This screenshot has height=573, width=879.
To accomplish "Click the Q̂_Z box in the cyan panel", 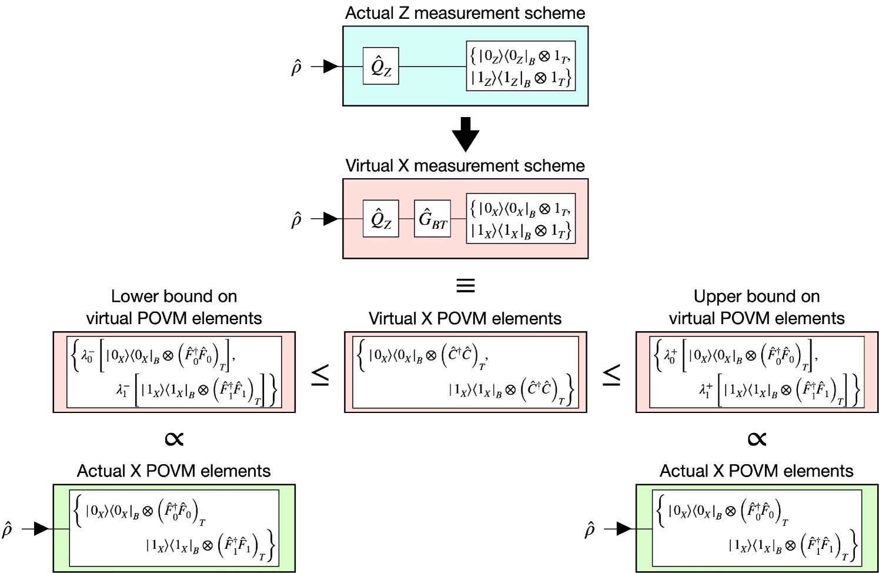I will [x=381, y=66].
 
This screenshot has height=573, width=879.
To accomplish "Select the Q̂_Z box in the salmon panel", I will [x=381, y=219].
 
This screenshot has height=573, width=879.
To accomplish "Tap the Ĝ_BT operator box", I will [x=432, y=219].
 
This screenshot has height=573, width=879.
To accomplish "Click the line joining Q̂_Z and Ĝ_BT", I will [x=406, y=219].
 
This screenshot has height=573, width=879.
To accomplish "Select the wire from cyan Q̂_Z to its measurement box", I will [x=432, y=66].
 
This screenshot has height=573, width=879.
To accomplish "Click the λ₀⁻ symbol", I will [x=87, y=355].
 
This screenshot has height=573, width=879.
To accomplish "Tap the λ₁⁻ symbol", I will [x=122, y=390].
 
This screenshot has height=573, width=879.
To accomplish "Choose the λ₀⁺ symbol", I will [x=670, y=355].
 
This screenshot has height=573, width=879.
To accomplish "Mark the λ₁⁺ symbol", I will [x=706, y=390].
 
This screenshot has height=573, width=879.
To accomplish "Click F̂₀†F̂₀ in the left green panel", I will [x=178, y=511].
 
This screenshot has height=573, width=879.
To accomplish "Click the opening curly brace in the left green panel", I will [x=77, y=510].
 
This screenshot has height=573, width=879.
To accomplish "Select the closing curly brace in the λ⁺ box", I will [x=856, y=390].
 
